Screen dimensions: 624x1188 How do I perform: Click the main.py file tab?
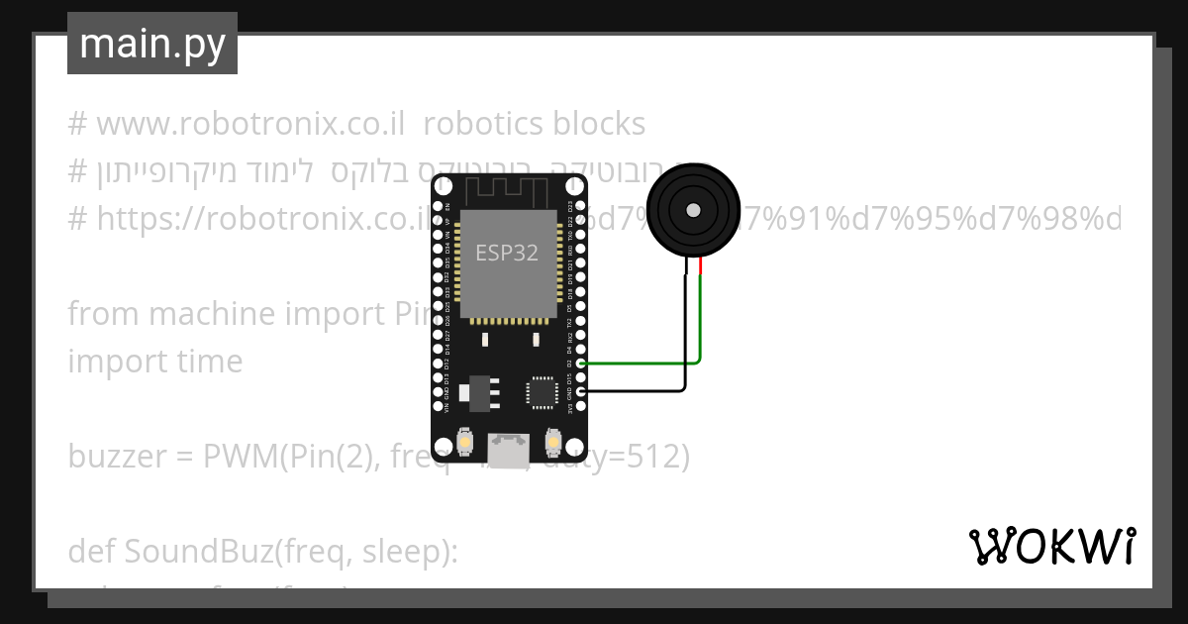pyautogui.click(x=152, y=45)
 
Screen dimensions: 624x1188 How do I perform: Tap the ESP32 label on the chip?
pyautogui.click(x=507, y=253)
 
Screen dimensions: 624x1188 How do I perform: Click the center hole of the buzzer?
pyautogui.click(x=693, y=210)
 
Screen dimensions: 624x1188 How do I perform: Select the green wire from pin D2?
pyautogui.click(x=643, y=363)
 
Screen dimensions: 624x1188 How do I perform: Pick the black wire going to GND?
pyautogui.click(x=634, y=390)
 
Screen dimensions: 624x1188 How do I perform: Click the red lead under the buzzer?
pyautogui.click(x=701, y=266)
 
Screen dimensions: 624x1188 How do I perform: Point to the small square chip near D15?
pyautogui.click(x=543, y=390)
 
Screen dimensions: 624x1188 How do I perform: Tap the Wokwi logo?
pyautogui.click(x=1051, y=547)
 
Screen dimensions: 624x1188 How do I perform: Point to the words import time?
pyautogui.click(x=154, y=361)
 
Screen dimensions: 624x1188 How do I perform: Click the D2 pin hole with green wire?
pyautogui.click(x=581, y=364)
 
